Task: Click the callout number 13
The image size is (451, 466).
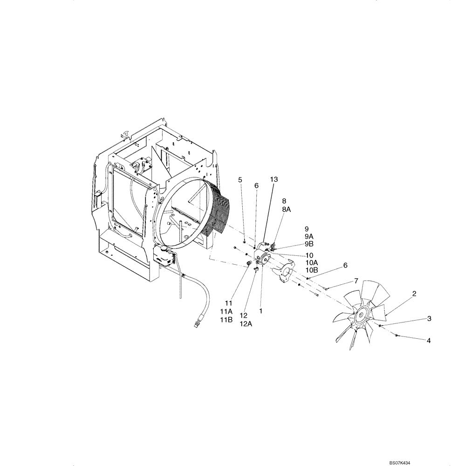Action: (273, 179)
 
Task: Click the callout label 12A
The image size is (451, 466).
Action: (246, 324)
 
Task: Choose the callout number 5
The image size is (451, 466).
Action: (240, 179)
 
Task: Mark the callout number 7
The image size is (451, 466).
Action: (356, 281)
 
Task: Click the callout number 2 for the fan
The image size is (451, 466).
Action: (414, 294)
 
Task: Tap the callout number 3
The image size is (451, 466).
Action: (429, 319)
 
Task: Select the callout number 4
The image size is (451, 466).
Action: (428, 341)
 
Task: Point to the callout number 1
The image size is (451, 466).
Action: (261, 310)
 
